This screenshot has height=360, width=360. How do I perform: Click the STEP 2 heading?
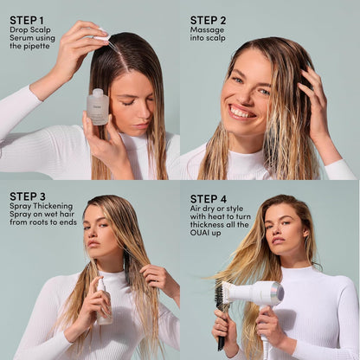208,19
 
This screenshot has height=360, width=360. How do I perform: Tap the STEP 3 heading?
29,196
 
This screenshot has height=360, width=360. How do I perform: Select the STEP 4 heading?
209,198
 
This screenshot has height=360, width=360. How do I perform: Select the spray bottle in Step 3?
104,300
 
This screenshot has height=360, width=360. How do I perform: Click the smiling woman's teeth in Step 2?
241,111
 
